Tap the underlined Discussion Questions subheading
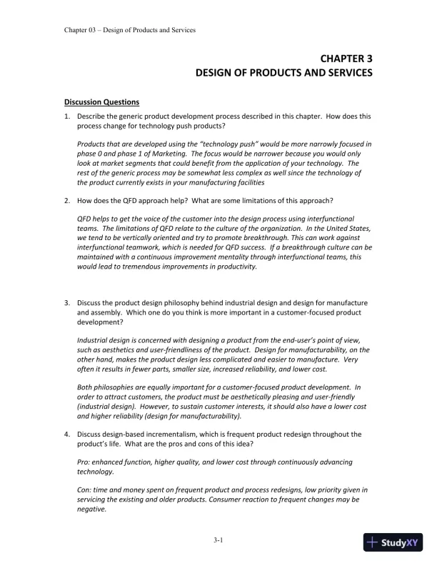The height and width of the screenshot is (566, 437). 101,101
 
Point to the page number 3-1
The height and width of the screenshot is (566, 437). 218,540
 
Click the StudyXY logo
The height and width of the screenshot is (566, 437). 393,542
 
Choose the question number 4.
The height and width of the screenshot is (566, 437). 66,434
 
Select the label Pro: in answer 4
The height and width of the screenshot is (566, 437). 84,462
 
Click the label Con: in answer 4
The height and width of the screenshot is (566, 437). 85,491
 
